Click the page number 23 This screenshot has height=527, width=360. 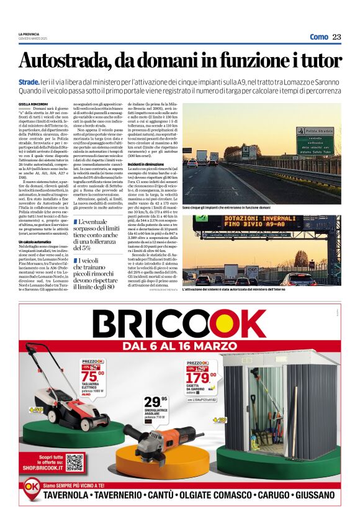(x=337, y=37)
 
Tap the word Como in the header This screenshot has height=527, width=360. (x=318, y=37)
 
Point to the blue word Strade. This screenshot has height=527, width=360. (x=29, y=81)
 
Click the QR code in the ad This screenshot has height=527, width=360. (x=74, y=463)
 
